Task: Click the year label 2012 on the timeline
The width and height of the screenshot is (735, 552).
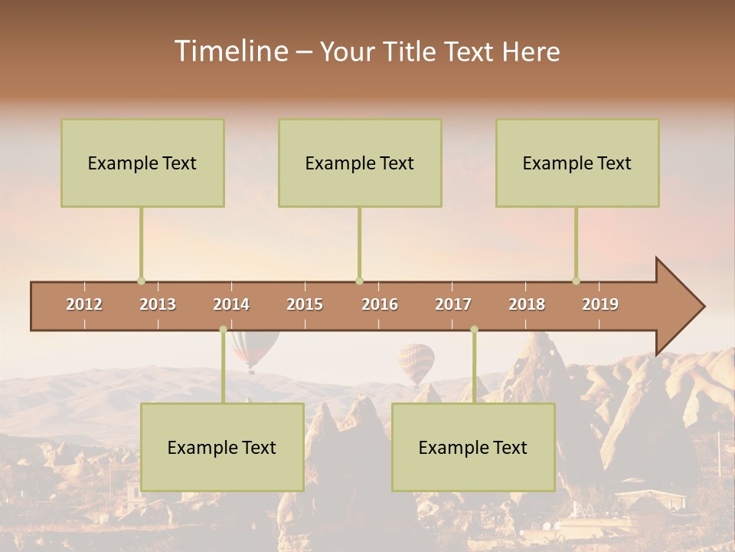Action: (84, 304)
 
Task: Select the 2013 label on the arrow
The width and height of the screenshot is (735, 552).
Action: (158, 304)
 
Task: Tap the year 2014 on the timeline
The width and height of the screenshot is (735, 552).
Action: (231, 304)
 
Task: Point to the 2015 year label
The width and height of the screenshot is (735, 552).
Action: (305, 304)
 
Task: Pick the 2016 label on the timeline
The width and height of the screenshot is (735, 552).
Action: (380, 304)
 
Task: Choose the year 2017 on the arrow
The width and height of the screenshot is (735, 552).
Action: (453, 304)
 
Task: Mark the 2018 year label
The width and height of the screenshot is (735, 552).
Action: (527, 304)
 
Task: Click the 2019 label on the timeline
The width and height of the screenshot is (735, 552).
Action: (600, 304)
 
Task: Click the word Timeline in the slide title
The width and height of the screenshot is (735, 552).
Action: (230, 51)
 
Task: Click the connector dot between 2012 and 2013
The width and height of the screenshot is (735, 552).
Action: (141, 281)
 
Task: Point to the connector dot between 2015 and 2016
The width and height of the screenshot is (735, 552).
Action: (359, 281)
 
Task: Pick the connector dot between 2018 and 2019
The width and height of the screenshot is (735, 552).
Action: (576, 281)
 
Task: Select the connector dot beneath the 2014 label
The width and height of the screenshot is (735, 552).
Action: (223, 330)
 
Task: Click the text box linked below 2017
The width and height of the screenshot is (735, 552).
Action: (473, 447)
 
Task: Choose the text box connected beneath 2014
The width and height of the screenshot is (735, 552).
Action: (222, 447)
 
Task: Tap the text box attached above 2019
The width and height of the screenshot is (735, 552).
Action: (577, 163)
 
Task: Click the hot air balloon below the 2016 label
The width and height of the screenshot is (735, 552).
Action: (416, 361)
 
